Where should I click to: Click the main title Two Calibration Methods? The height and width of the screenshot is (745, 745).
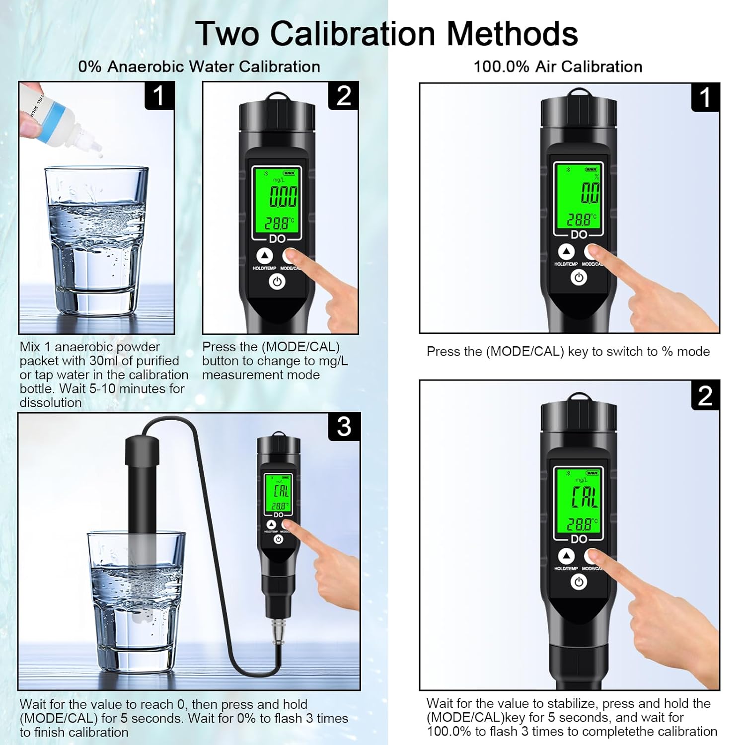(386, 34)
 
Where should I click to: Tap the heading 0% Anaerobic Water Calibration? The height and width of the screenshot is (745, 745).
(199, 67)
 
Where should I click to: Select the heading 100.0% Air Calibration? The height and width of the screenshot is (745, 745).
(558, 67)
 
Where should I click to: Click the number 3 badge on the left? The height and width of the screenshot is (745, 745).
(344, 427)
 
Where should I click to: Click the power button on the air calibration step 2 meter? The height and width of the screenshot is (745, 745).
(579, 582)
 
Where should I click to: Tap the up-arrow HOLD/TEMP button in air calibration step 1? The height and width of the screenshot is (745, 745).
(566, 252)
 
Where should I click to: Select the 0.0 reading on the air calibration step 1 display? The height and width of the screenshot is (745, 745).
(590, 193)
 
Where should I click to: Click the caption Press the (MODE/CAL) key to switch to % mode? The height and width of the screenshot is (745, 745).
(568, 352)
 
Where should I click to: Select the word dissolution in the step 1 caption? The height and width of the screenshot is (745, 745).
(51, 402)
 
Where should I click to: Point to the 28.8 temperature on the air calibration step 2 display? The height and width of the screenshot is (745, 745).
(580, 524)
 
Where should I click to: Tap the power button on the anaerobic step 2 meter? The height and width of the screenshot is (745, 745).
(277, 282)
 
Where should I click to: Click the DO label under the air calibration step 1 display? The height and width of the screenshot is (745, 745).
(579, 234)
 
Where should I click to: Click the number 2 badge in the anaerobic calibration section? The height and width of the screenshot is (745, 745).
(344, 95)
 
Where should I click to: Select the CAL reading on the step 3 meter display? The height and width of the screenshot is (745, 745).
(281, 491)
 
